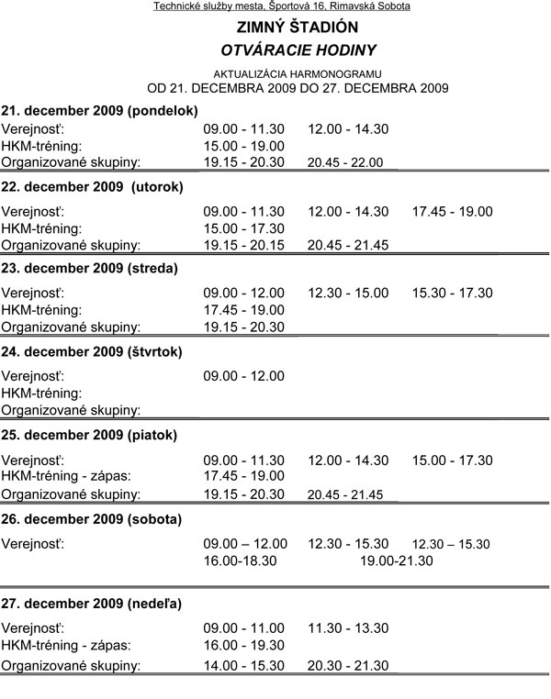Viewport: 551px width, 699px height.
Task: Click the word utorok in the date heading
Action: (x=157, y=186)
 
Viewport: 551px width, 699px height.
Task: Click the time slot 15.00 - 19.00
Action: (x=243, y=146)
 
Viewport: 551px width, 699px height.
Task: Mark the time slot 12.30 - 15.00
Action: (x=348, y=293)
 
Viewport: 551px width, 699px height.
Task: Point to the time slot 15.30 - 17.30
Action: (x=452, y=293)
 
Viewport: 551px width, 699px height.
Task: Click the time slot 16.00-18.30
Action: (x=240, y=560)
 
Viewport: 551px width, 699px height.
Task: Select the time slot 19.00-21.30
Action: (x=396, y=560)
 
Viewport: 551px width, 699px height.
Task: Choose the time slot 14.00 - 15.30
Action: (x=243, y=664)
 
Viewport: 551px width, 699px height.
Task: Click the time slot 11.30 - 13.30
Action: (x=348, y=627)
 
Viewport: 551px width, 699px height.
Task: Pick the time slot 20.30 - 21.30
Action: (x=348, y=664)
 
